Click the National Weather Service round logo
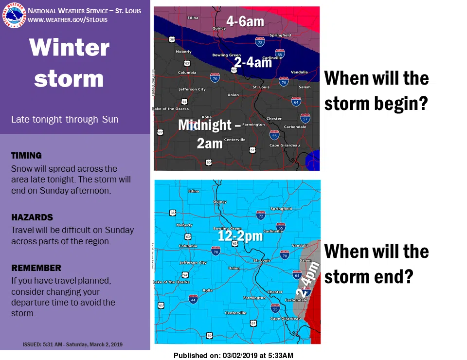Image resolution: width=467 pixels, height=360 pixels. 14,15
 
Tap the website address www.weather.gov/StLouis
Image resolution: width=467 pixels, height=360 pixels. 68,20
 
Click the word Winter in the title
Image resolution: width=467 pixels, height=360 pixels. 69,48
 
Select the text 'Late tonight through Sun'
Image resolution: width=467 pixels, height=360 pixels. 65,119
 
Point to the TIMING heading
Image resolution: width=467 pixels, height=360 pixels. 26,156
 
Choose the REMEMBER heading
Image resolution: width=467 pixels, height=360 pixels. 36,268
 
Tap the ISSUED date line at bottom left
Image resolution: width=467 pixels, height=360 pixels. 72,344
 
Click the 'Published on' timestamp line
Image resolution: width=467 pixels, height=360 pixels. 233,356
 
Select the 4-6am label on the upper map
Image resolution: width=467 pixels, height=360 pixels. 245,21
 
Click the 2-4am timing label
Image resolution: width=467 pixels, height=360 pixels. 252,62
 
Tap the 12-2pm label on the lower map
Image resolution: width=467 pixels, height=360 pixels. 240,236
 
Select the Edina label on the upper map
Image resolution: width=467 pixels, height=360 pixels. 193,18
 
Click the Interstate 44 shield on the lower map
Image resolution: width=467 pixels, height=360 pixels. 193,299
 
